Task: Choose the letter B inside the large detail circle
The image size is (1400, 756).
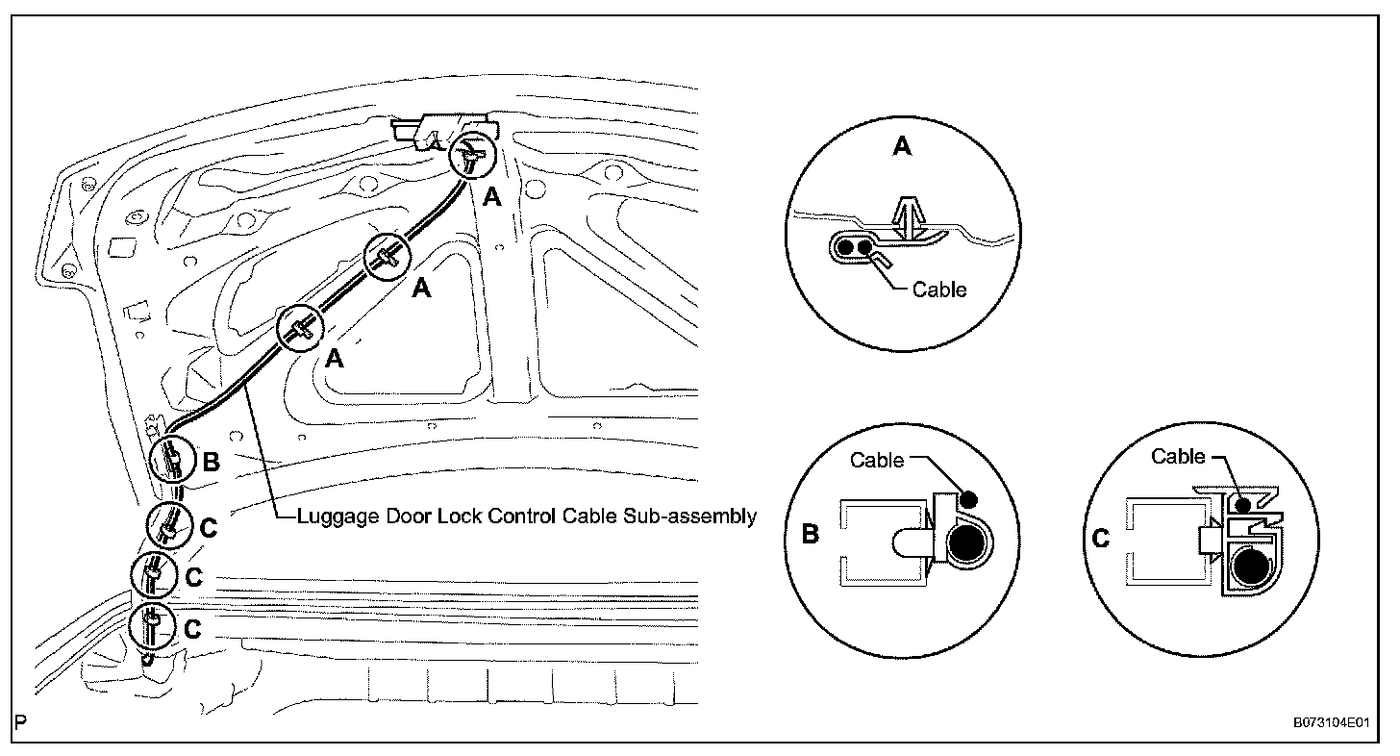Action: point(810,535)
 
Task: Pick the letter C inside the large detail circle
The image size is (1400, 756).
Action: point(1102,540)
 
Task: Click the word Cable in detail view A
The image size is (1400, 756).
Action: point(939,289)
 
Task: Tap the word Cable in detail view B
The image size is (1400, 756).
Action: point(877,461)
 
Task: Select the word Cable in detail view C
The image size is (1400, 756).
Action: point(1178,457)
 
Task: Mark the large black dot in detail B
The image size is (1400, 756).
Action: point(967,545)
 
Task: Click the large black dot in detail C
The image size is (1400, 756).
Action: point(1252,569)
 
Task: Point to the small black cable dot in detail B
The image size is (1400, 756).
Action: point(969,498)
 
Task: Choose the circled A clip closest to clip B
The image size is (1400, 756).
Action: point(302,330)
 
